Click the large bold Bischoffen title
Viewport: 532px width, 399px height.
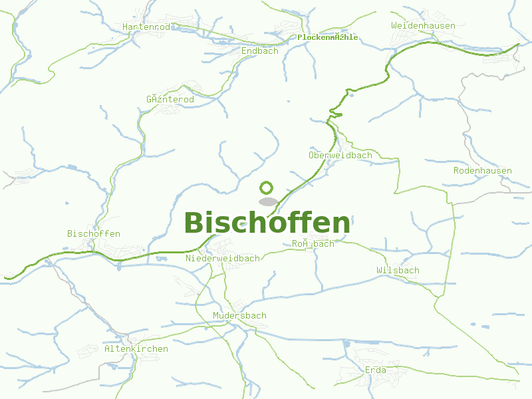267,223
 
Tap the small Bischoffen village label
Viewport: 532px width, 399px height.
94,233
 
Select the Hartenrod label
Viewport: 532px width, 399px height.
146,27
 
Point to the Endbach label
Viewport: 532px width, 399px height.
260,51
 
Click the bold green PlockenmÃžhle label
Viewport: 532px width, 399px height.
327,37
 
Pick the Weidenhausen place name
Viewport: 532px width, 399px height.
423,25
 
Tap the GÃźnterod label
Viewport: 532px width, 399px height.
170,99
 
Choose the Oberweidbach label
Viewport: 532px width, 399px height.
340,155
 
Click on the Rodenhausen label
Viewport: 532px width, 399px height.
483,170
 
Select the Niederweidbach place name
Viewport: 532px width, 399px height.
223,258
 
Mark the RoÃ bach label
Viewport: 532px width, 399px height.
313,243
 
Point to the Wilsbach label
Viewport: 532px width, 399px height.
398,270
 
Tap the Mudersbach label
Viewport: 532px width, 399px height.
239,315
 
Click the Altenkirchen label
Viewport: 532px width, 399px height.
136,348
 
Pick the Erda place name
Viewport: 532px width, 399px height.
376,370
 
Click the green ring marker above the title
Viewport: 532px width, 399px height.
267,188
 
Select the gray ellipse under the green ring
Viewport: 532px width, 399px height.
268,201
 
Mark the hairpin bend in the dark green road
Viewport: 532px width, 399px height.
336,115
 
